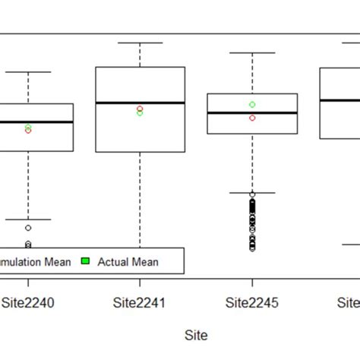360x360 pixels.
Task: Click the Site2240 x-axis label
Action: click(x=28, y=303)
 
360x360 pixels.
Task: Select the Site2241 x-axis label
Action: click(x=140, y=303)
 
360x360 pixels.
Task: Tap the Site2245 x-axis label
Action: click(x=252, y=303)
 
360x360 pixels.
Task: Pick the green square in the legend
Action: click(x=86, y=261)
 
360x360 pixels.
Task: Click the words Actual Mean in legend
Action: click(x=128, y=262)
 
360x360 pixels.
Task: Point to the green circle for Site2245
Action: click(x=252, y=104)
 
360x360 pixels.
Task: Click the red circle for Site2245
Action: click(x=252, y=118)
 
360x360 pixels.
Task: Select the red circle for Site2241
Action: click(x=140, y=109)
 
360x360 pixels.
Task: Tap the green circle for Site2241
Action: click(x=140, y=113)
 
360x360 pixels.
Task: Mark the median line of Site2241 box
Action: click(x=140, y=103)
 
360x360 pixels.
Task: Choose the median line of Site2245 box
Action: click(x=252, y=112)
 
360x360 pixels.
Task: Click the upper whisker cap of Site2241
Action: click(x=140, y=43)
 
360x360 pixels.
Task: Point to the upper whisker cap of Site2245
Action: click(x=252, y=52)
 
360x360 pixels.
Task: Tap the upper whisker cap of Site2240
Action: click(x=28, y=72)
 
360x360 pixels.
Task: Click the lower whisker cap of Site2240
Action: click(x=28, y=219)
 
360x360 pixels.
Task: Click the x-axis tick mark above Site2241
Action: click(x=140, y=282)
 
